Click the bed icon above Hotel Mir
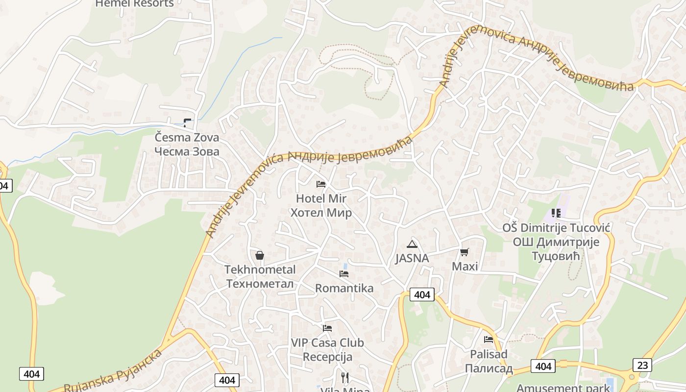321,184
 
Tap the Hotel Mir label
321,206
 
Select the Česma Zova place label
187,145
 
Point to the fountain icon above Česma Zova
187,122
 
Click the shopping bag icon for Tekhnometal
260,255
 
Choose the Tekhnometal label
260,276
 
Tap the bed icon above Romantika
344,274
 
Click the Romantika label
344,288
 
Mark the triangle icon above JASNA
412,245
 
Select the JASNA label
412,258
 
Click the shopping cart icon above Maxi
464,252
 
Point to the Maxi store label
465,267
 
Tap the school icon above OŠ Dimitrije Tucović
556,213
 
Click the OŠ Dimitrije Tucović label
556,242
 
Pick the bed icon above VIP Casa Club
327,328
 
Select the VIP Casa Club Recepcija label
327,349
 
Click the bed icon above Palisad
489,339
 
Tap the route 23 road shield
642,365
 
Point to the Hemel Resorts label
134,3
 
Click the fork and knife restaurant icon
345,377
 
